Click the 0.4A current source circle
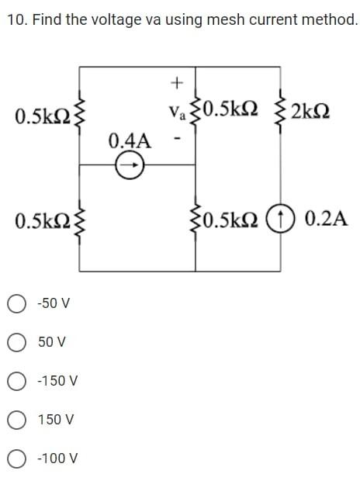[130, 164]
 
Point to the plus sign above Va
[177, 81]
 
